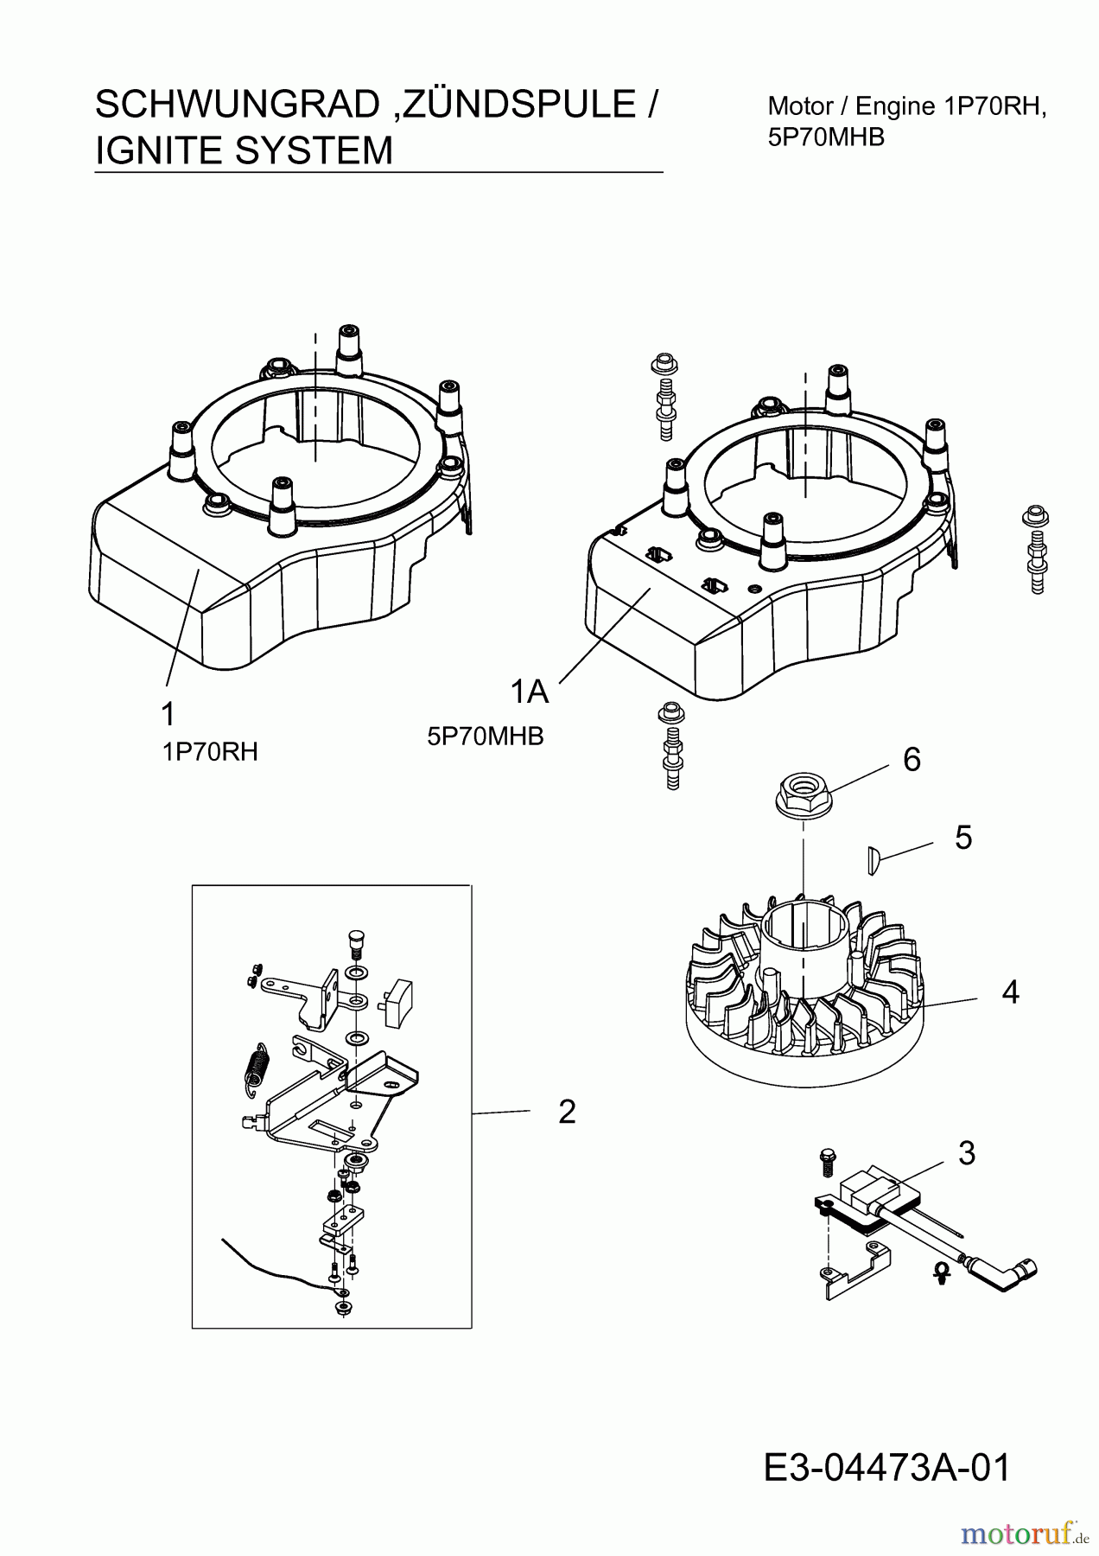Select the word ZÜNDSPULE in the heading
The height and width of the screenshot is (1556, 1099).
(518, 105)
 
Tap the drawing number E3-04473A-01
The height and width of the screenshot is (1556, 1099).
(886, 1468)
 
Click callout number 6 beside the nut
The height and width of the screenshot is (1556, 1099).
(912, 759)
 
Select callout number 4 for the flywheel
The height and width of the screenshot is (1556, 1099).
(1010, 992)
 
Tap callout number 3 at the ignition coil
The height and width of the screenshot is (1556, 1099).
(967, 1152)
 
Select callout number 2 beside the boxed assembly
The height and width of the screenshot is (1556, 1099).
(567, 1112)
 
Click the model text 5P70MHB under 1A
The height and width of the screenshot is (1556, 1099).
(486, 737)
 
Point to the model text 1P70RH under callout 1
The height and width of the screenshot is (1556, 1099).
(210, 752)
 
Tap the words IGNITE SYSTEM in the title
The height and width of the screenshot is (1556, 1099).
(244, 150)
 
